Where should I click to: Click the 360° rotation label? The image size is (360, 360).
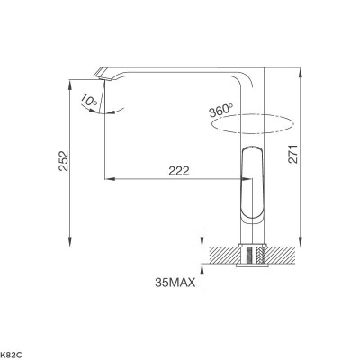pos(220,111)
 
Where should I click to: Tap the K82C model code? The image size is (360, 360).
pos(11,352)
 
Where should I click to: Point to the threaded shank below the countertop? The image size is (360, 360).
pos(251,256)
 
